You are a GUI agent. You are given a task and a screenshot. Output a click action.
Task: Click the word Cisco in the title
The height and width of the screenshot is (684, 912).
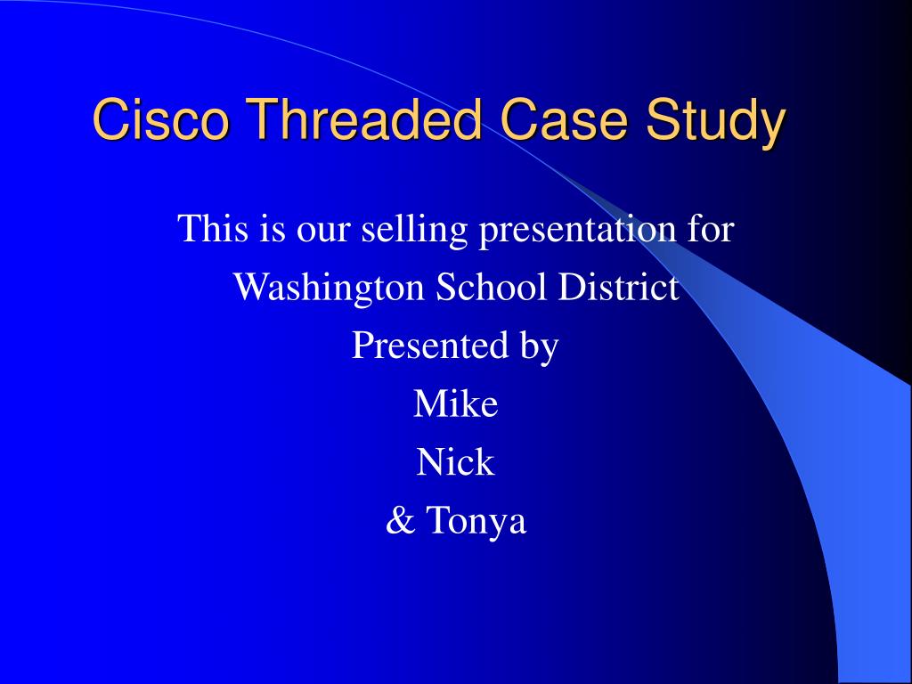pyautogui.click(x=161, y=119)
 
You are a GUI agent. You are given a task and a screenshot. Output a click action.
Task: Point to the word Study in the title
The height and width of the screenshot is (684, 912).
pyautogui.click(x=716, y=123)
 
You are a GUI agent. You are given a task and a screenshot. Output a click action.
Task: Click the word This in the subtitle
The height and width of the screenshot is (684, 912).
pyautogui.click(x=213, y=228)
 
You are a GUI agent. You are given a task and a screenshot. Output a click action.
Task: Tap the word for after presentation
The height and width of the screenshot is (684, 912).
pyautogui.click(x=710, y=228)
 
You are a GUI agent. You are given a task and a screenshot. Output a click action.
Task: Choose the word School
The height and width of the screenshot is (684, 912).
pyautogui.click(x=492, y=287)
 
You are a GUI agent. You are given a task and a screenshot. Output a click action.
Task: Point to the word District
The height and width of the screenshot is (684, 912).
pyautogui.click(x=618, y=287)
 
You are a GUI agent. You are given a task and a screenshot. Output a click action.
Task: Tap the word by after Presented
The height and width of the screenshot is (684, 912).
pyautogui.click(x=540, y=348)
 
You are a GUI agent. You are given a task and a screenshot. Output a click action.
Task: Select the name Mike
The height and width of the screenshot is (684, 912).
pyautogui.click(x=456, y=403)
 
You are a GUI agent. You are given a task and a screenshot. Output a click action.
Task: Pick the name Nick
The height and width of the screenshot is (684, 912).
pyautogui.click(x=455, y=462)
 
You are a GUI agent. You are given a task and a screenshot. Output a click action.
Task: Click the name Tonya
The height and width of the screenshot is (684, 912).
pyautogui.click(x=476, y=522)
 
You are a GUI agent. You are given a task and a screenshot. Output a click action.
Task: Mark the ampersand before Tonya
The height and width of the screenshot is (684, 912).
pyautogui.click(x=401, y=520)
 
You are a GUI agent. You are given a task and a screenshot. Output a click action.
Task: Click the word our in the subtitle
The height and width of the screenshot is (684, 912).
pyautogui.click(x=322, y=232)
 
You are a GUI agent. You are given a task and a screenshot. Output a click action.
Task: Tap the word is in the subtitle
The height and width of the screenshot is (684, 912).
pyautogui.click(x=273, y=229)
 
